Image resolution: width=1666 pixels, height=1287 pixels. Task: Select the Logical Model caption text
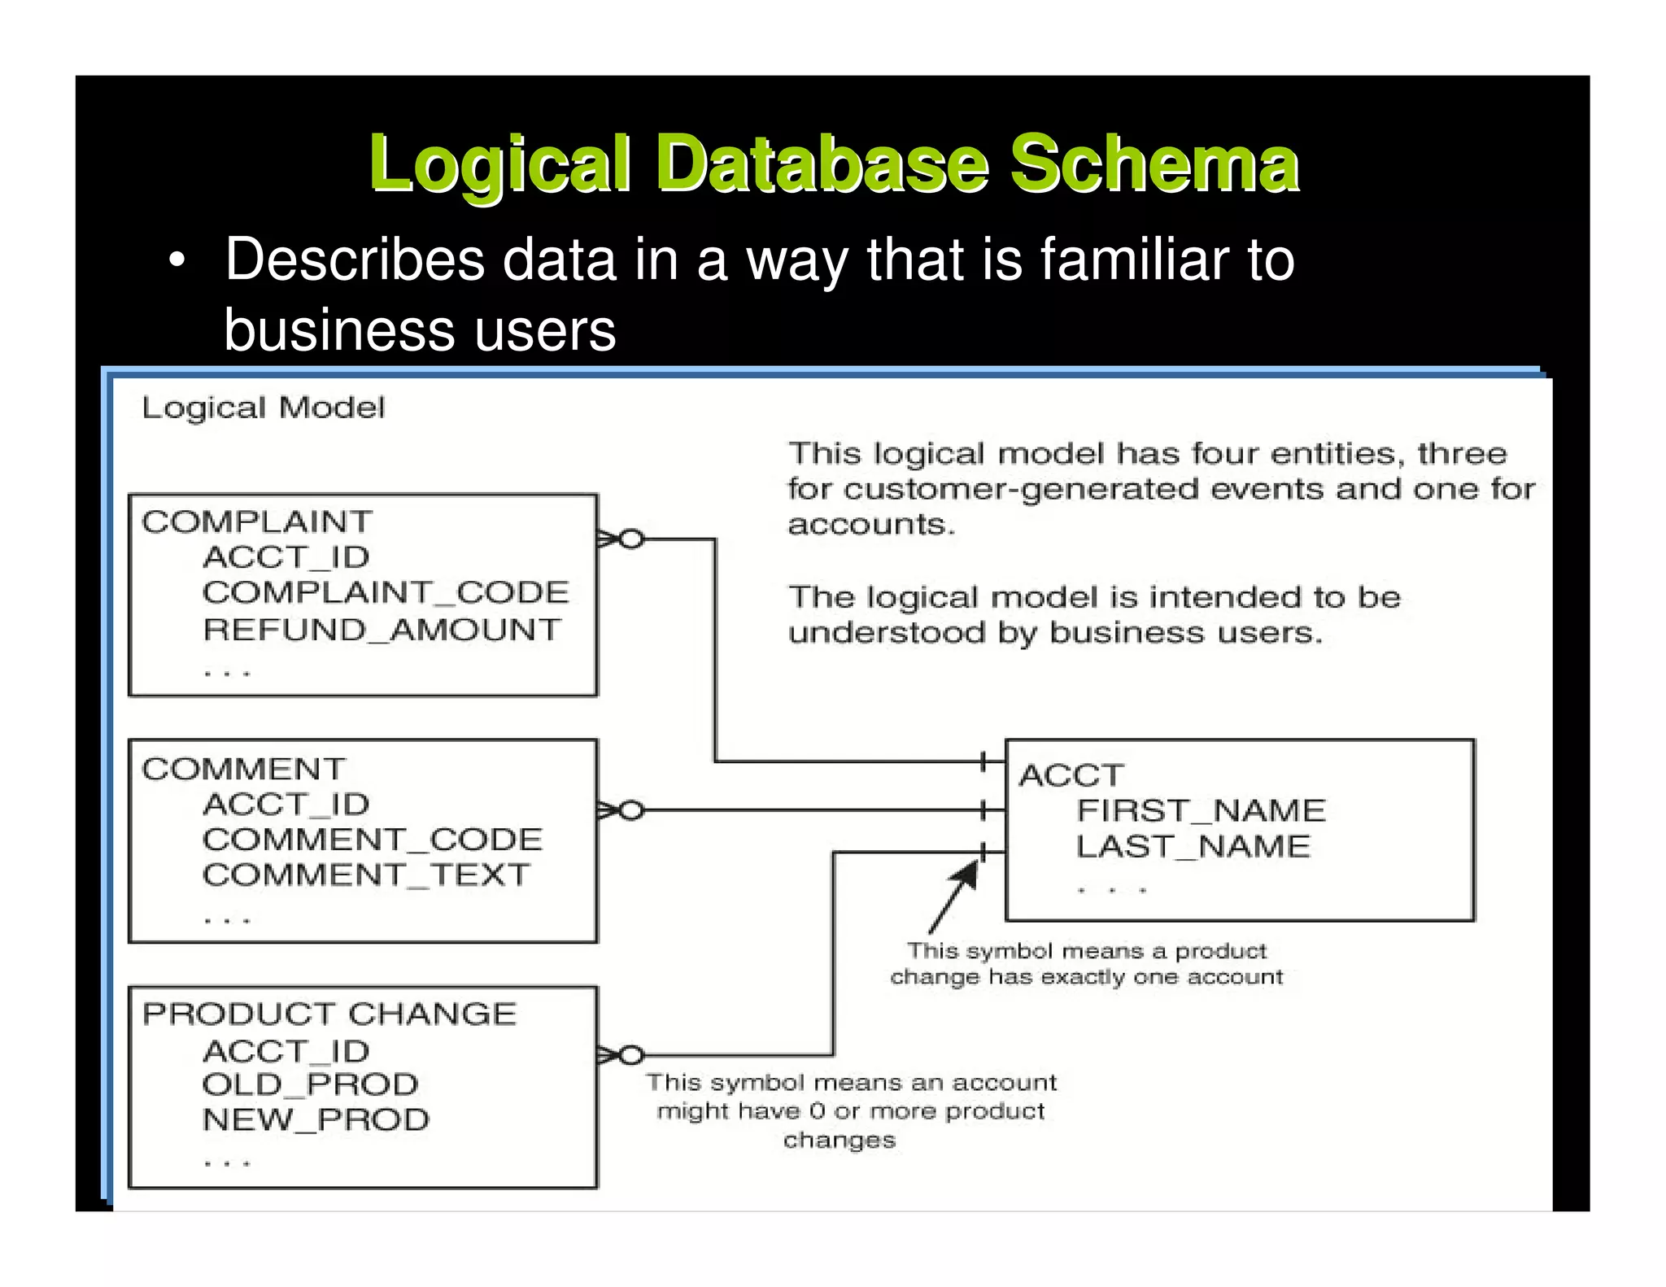(263, 408)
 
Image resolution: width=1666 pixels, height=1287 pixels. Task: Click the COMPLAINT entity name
(257, 521)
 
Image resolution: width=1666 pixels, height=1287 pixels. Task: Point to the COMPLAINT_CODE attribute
(386, 592)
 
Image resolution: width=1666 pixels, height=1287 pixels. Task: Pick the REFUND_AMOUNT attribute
(382, 630)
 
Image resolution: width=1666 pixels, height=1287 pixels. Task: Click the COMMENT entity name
(243, 769)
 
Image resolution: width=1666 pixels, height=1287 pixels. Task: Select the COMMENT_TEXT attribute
(366, 875)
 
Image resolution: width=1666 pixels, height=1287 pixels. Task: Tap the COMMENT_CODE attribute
(373, 840)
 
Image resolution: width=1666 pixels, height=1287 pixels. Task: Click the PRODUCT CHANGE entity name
(329, 1014)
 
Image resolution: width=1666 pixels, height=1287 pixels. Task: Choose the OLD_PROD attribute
(310, 1084)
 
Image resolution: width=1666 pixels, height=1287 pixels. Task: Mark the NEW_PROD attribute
(316, 1120)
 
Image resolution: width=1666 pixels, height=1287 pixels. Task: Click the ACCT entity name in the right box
(1071, 775)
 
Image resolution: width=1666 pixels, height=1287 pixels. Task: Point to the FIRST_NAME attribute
(1201, 810)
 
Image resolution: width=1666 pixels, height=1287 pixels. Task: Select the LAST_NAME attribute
(1193, 847)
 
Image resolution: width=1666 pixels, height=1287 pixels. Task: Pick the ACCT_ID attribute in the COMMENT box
(286, 805)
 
